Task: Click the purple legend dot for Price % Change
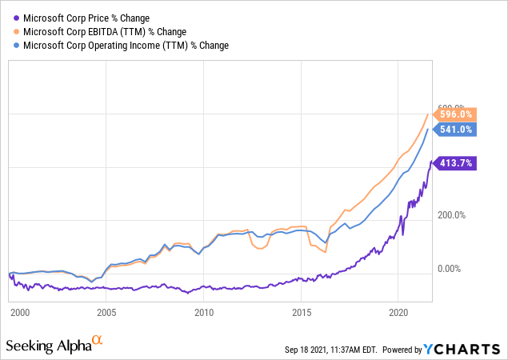[16, 18]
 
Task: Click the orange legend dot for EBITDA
[16, 31]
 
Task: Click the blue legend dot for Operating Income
[16, 46]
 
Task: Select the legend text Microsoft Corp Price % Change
[86, 18]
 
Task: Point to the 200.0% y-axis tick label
[452, 215]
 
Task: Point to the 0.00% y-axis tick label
[450, 270]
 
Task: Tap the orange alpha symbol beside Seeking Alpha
[97, 341]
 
